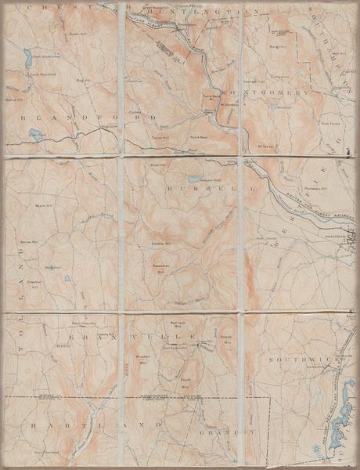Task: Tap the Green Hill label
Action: pos(77,34)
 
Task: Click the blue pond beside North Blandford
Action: pos(27,57)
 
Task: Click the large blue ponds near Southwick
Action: pos(340,427)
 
